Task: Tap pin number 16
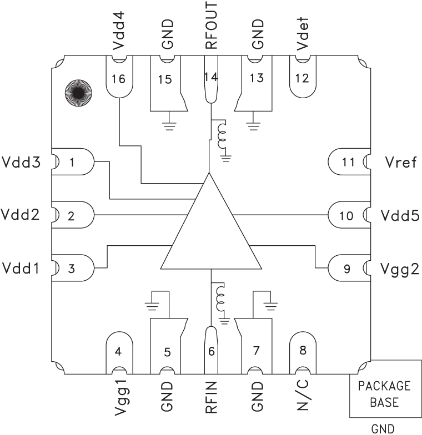118,78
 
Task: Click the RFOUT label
210,27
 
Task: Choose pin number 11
348,163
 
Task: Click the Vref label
398,163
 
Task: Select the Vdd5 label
400,215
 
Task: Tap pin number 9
348,269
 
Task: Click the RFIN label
210,399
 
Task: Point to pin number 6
210,351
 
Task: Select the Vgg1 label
118,402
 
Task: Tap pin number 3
71,269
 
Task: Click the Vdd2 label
20,215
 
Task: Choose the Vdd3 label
20,163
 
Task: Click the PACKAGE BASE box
384,394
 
